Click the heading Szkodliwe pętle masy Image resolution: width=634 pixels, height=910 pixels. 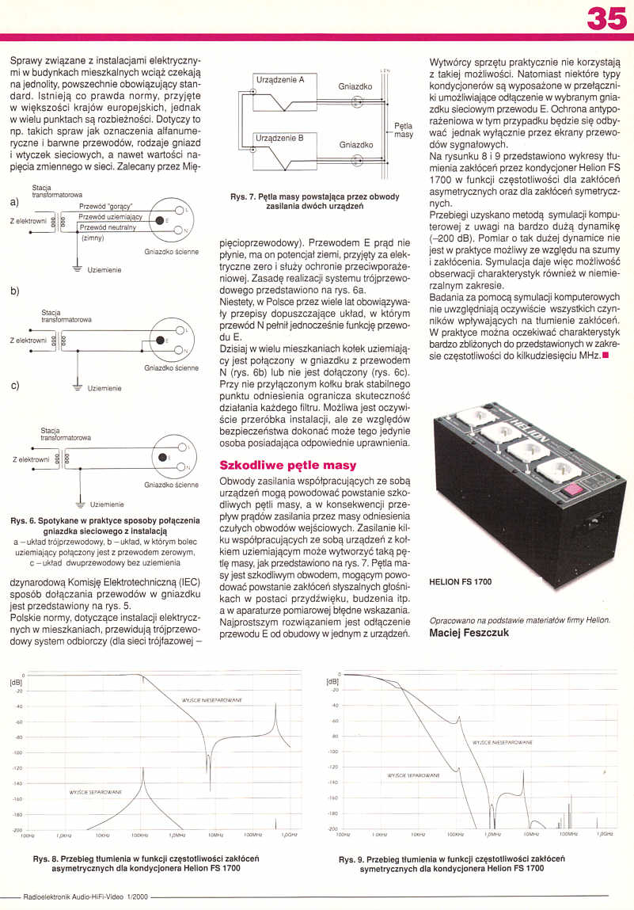[x=287, y=465]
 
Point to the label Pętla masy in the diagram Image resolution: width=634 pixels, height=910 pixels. [x=404, y=130]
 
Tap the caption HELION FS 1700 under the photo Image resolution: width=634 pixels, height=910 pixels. [x=460, y=581]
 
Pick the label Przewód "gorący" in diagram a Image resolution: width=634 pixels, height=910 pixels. [x=106, y=207]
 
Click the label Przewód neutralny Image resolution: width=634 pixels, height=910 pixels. [x=108, y=227]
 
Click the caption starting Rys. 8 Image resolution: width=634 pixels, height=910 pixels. [x=146, y=862]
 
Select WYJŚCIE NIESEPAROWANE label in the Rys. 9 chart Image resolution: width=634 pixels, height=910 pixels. [x=502, y=743]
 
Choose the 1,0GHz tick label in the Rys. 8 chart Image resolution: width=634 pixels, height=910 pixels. [x=289, y=835]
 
